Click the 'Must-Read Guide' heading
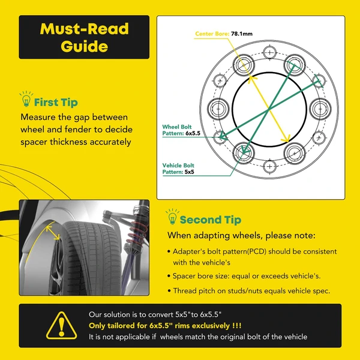[84, 37]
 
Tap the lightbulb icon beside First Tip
[26, 99]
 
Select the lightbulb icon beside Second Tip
[172, 217]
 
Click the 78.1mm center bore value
[242, 34]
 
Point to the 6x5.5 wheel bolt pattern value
[193, 133]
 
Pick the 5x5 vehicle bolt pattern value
[190, 172]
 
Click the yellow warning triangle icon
[62, 326]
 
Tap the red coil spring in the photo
[138, 232]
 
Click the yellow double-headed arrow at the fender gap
[53, 233]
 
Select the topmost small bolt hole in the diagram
[269, 53]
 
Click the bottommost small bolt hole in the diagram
[269, 166]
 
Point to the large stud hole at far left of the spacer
[218, 109]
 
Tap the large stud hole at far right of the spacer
[320, 109]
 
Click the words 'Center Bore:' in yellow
[212, 34]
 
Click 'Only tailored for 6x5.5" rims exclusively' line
[165, 326]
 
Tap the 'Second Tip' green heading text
[211, 220]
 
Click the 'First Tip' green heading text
[56, 103]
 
